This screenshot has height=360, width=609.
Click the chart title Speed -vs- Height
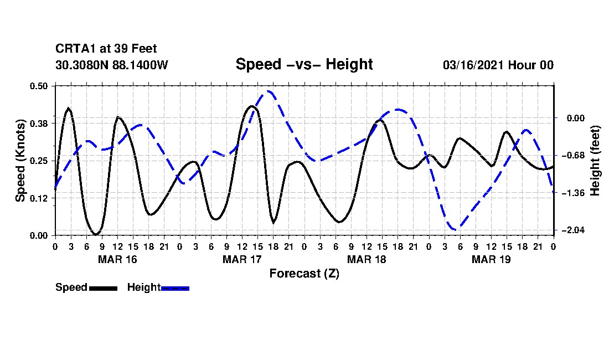(x=304, y=64)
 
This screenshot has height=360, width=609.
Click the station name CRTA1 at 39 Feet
(x=106, y=49)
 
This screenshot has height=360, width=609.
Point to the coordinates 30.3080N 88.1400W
(x=111, y=65)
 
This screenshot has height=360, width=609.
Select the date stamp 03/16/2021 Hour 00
(x=498, y=65)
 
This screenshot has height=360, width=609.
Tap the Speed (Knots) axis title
(x=20, y=160)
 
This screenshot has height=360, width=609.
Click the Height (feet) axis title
(x=595, y=160)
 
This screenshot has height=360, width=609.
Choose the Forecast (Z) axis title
(x=304, y=273)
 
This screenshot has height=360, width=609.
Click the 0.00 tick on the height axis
(x=571, y=118)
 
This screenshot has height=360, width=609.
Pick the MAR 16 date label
(x=117, y=259)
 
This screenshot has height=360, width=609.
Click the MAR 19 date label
(x=491, y=259)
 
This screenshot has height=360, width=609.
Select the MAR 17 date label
(x=242, y=259)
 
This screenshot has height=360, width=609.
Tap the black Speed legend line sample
(x=103, y=288)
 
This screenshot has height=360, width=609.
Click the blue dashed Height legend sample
(x=175, y=288)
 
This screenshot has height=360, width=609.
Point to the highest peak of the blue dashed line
(x=269, y=91)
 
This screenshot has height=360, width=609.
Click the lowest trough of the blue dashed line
(x=455, y=229)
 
